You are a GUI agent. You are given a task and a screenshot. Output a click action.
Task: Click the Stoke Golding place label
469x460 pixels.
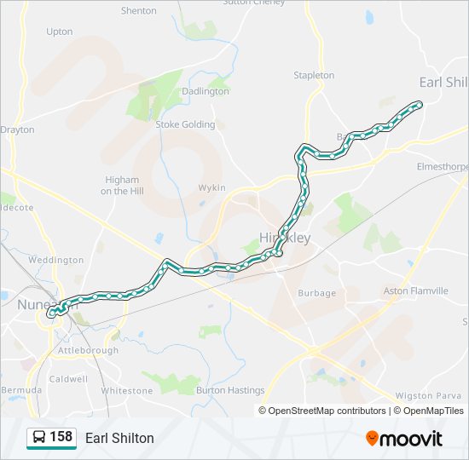tap(185, 124)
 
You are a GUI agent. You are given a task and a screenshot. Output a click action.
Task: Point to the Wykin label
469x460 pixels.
tap(211, 187)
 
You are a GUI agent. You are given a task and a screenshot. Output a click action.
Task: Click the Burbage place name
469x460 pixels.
tap(316, 293)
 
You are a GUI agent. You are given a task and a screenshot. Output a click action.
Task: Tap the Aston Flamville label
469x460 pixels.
tap(416, 291)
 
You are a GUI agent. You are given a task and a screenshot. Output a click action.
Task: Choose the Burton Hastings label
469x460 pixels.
tap(230, 390)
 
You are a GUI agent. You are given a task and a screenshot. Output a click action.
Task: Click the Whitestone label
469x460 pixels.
tap(126, 390)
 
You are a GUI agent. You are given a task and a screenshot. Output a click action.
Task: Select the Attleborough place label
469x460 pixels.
tap(88, 350)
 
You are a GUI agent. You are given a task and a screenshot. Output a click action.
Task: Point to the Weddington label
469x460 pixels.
tap(55, 260)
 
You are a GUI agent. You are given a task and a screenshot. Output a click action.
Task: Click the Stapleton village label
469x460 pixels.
tap(314, 75)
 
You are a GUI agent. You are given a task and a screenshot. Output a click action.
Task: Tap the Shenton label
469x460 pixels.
tap(139, 11)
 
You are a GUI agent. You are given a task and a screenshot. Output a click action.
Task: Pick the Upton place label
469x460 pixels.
tap(60, 32)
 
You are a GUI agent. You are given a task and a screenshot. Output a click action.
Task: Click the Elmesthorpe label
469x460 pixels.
tap(442, 167)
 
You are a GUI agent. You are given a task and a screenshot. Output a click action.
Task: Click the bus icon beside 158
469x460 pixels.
tap(38, 438)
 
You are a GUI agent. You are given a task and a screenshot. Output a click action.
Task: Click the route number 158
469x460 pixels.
tap(61, 437)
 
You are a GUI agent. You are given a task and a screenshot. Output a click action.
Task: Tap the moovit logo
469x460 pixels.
tap(404, 439)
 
